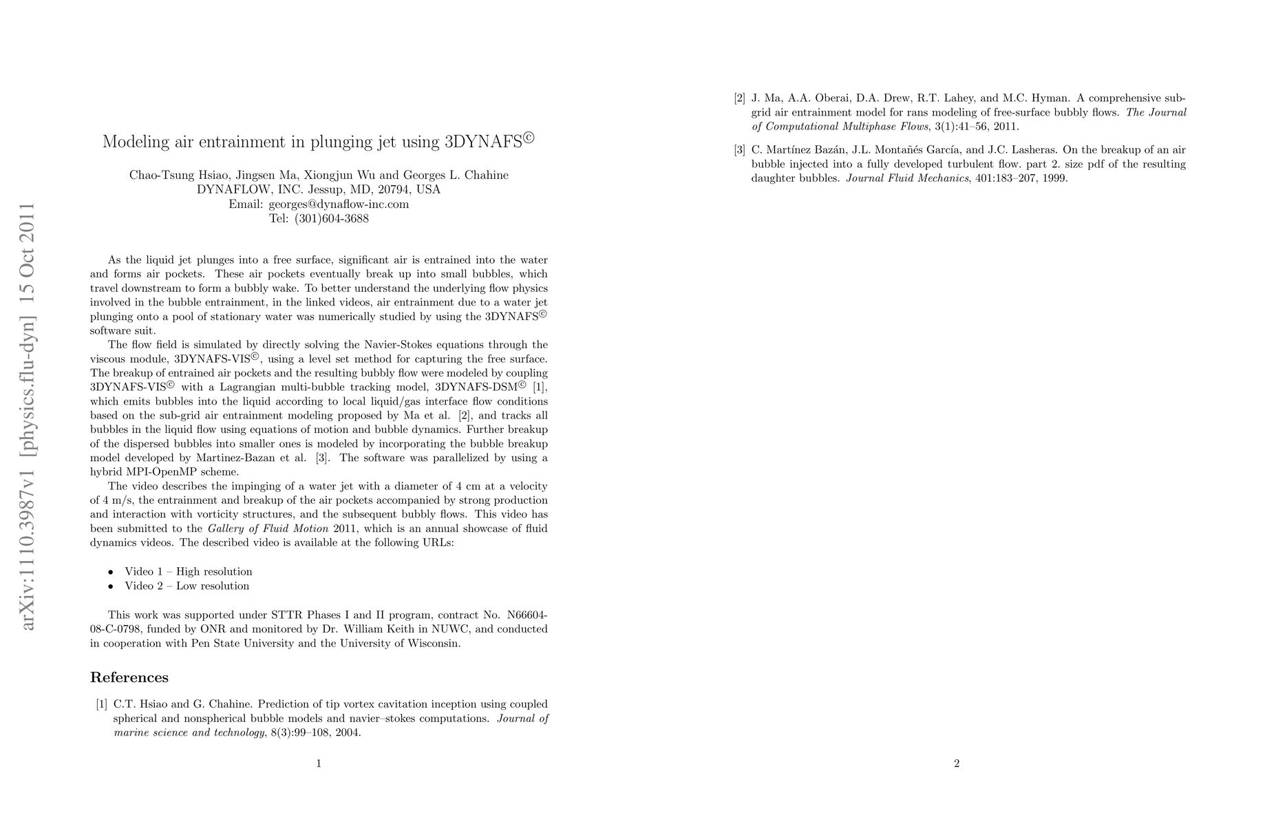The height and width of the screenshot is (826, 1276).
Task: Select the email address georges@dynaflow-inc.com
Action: [x=339, y=204]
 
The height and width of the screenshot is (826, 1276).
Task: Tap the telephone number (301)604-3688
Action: [x=331, y=219]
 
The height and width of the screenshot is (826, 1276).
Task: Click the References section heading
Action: [x=129, y=677]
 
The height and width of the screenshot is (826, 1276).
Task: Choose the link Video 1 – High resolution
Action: [x=188, y=571]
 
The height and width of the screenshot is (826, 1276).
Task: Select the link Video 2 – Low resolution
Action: [x=187, y=586]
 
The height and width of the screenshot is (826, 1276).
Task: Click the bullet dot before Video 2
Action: [x=110, y=586]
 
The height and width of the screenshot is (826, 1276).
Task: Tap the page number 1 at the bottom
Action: [x=319, y=763]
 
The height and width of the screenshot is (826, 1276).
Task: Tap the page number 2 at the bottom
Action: [x=957, y=763]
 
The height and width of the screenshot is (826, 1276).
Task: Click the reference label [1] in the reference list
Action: [x=101, y=704]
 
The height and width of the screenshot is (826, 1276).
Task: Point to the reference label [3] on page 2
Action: [x=740, y=150]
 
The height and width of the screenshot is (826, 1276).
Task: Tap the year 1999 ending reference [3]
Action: [x=1054, y=178]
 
